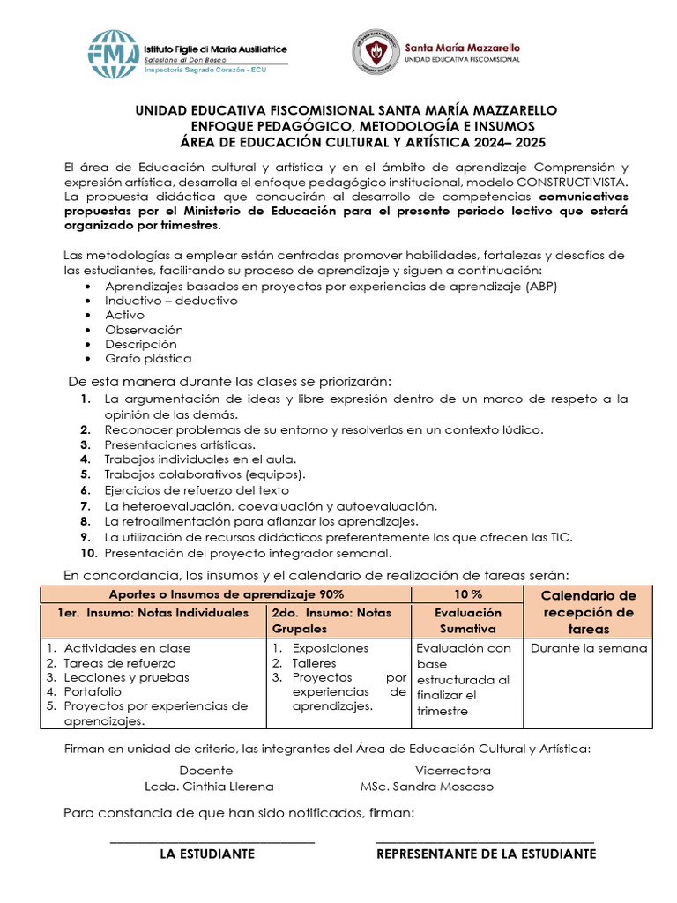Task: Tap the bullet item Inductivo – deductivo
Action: (171, 300)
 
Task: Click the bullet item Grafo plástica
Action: (148, 358)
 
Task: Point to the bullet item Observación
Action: (144, 329)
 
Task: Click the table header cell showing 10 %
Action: (468, 594)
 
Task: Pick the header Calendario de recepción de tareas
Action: (588, 612)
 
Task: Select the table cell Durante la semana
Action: (588, 648)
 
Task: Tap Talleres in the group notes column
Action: (314, 662)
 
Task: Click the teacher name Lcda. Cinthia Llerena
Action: (209, 786)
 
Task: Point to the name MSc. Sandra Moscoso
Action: (427, 786)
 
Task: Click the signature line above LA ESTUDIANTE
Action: (212, 842)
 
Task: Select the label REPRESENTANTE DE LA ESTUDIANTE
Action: (486, 854)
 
